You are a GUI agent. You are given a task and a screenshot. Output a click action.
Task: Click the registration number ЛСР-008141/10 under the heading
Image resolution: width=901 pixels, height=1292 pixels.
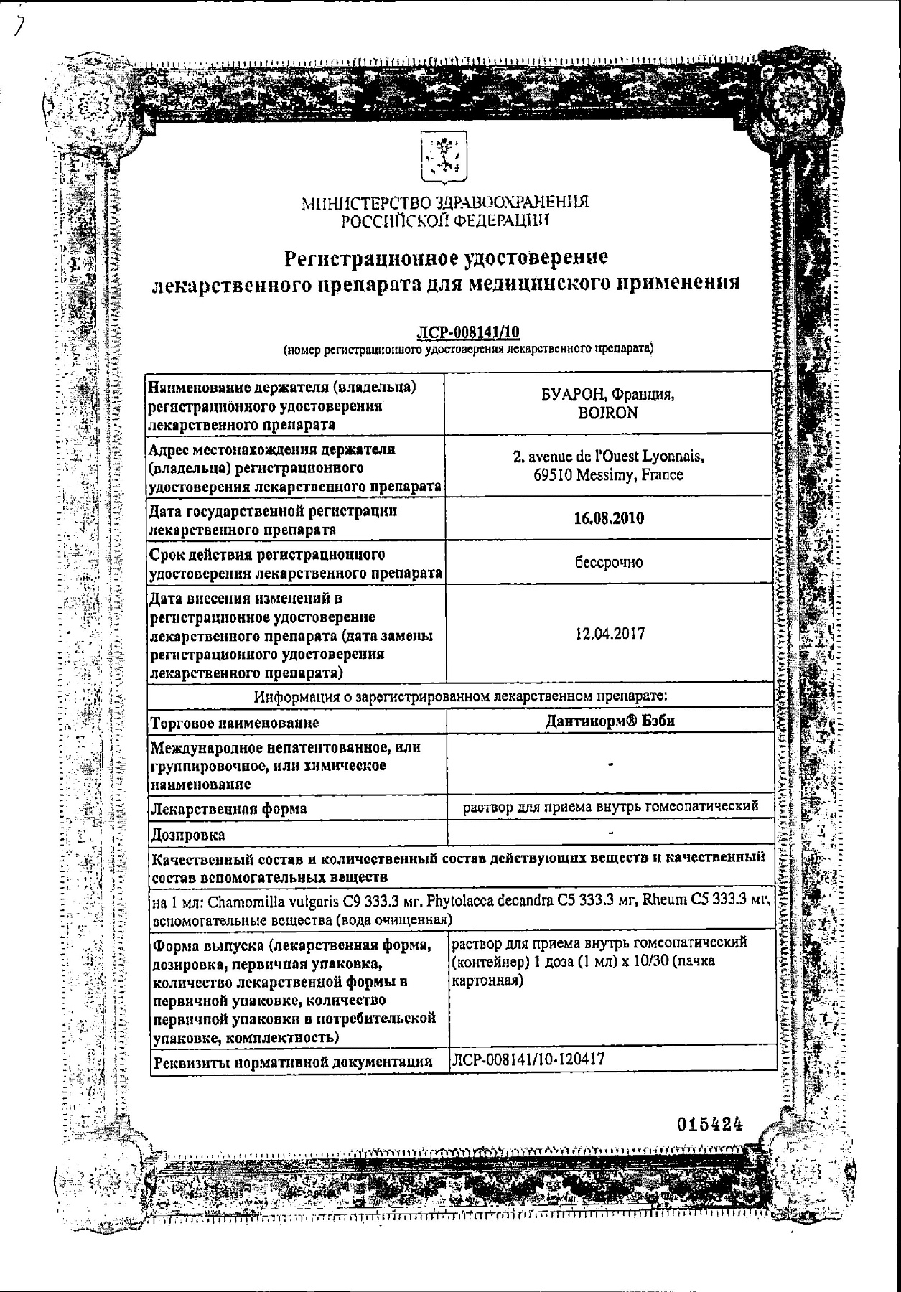(x=468, y=332)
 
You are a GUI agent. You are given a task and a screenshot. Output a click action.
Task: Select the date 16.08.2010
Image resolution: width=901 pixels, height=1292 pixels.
(x=609, y=518)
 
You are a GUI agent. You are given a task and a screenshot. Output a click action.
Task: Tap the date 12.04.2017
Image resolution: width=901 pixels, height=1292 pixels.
(x=610, y=634)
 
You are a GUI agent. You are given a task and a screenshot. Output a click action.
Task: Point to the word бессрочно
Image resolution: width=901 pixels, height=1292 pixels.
(x=609, y=563)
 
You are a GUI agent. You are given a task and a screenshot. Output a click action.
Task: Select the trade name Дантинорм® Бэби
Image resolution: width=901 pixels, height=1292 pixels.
(x=610, y=721)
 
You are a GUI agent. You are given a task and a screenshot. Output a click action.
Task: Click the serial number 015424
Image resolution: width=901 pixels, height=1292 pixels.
(x=709, y=1125)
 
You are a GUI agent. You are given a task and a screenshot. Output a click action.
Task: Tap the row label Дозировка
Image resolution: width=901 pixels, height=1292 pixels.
(x=187, y=835)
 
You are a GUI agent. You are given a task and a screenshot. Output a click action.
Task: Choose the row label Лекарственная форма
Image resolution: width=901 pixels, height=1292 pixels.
(x=228, y=809)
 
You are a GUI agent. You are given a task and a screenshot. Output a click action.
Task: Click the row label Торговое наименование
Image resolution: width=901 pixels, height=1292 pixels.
(x=234, y=722)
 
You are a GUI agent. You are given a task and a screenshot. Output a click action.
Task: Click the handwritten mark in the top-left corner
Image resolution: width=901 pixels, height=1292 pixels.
(x=19, y=26)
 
